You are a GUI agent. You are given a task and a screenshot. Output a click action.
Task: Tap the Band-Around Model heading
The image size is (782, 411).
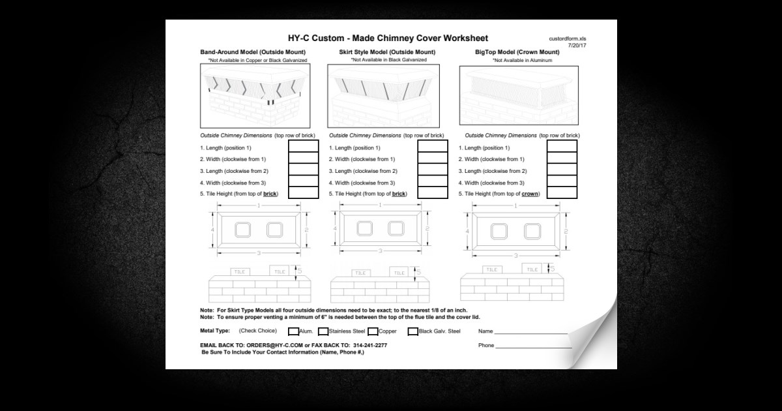click(x=253, y=52)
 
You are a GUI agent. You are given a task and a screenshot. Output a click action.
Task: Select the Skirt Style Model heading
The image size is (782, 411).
click(x=387, y=52)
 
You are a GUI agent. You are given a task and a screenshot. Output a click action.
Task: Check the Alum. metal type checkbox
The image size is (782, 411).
click(x=293, y=331)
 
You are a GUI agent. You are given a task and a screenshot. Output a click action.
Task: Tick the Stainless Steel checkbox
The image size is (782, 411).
click(x=323, y=331)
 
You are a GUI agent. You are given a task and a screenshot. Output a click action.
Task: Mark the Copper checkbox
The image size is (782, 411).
click(x=373, y=331)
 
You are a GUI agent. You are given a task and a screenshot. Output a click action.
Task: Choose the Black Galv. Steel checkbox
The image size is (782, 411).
click(x=413, y=331)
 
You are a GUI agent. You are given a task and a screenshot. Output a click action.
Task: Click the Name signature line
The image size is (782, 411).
click(x=531, y=333)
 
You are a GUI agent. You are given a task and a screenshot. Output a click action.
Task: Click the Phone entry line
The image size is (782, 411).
click(x=531, y=346)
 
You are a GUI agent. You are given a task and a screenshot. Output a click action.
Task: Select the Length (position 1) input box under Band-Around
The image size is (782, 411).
click(x=303, y=147)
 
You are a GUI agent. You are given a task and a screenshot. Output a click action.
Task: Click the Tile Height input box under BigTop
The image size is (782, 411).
click(x=562, y=193)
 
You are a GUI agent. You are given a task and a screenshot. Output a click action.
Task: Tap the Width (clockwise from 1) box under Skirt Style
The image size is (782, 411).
click(x=433, y=159)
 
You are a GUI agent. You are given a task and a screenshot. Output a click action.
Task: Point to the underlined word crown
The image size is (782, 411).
click(x=530, y=194)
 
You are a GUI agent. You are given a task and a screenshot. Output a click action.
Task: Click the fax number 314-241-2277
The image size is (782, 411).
click(x=369, y=345)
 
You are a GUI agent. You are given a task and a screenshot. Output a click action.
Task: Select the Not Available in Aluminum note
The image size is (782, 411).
click(x=523, y=60)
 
